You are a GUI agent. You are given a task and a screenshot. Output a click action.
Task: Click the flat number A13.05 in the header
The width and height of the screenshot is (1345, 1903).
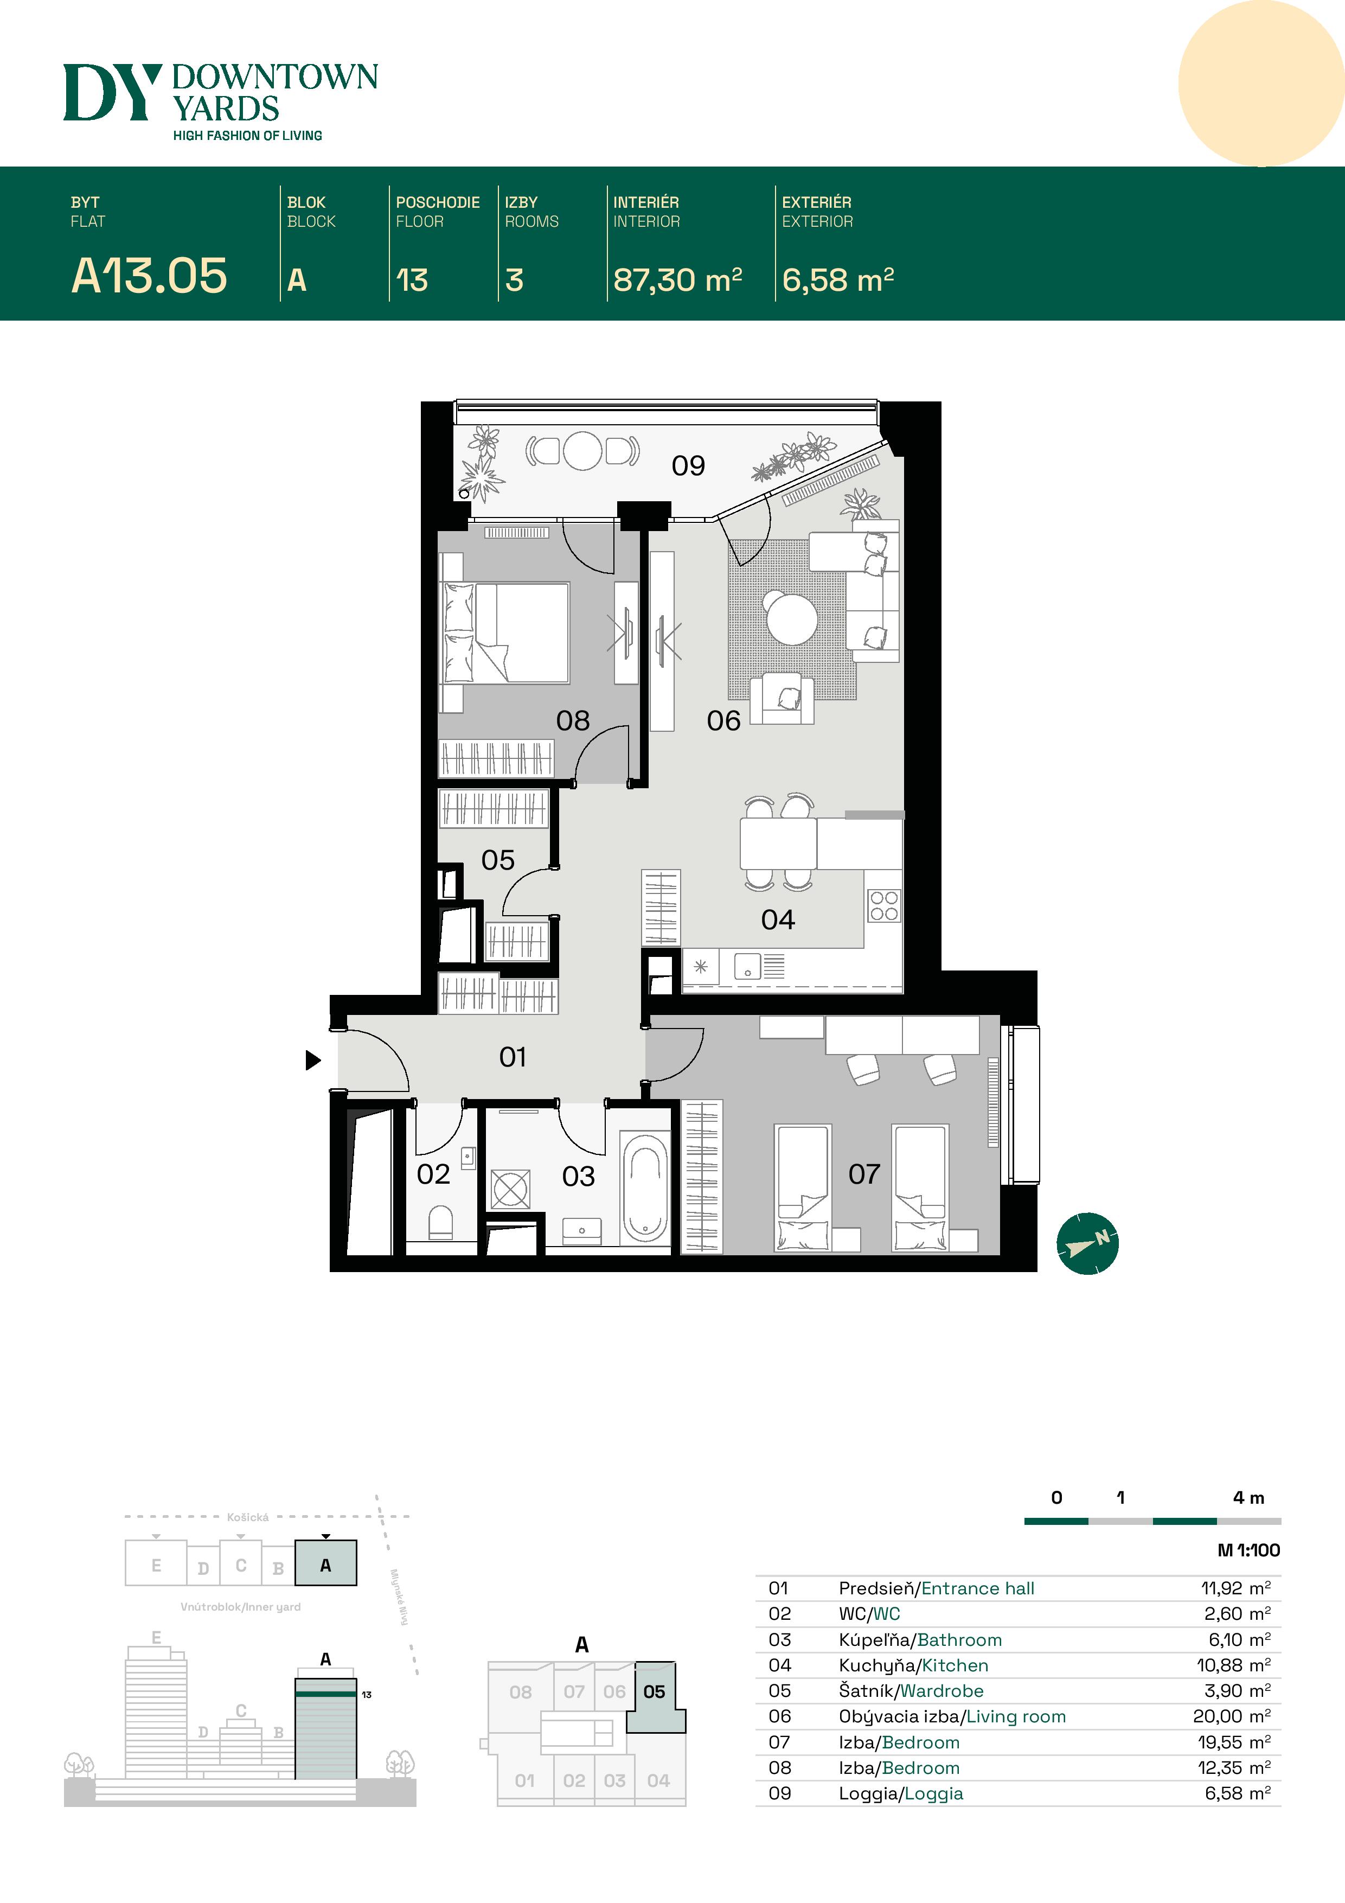(149, 276)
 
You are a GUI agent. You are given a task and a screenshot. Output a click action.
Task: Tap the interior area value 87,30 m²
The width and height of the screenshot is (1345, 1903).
(677, 280)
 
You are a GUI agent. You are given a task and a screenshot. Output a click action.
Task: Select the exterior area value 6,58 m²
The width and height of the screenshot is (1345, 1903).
(838, 280)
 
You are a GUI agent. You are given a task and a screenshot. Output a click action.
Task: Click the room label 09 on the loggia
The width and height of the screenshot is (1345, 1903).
(688, 466)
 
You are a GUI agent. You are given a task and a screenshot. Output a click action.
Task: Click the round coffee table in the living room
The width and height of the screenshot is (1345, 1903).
(791, 617)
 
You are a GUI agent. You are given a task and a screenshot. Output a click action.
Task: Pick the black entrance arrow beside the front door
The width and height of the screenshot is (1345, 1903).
(312, 1059)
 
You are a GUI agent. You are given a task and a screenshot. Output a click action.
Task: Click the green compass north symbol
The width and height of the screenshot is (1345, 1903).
(1087, 1243)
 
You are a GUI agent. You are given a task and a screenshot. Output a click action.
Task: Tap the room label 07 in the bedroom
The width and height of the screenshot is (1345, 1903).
(863, 1173)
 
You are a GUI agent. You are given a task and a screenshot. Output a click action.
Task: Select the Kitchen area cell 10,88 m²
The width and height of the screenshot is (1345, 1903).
(1233, 1665)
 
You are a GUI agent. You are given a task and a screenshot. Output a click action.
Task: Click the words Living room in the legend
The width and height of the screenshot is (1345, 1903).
(1016, 1716)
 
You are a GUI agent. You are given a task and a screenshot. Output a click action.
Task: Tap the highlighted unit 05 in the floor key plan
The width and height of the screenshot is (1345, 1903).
(654, 1691)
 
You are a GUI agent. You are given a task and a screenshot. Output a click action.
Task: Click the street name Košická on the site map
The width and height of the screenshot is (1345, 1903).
(248, 1517)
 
